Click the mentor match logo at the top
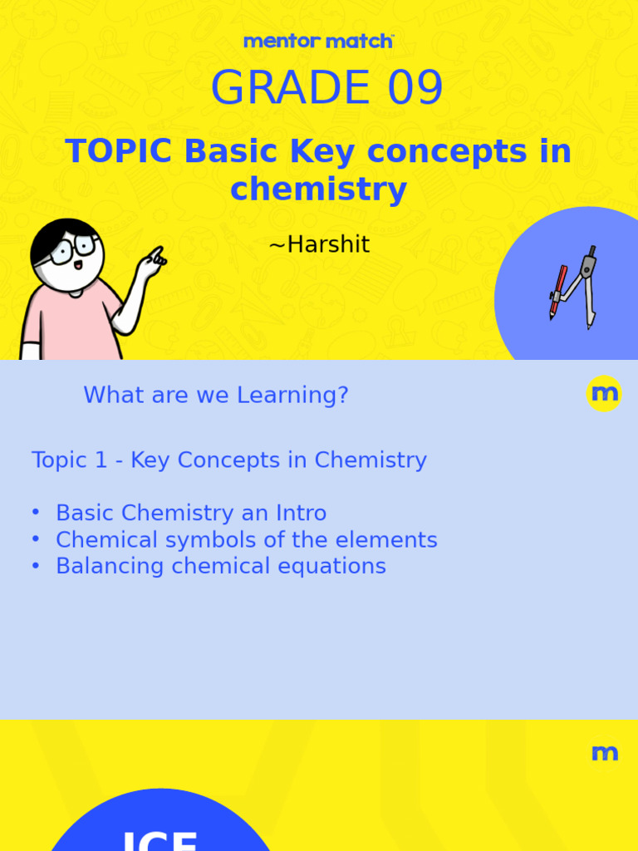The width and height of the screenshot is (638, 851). click(x=318, y=41)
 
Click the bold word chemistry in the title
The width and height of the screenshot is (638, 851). click(x=318, y=189)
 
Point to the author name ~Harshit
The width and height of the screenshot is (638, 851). click(x=319, y=245)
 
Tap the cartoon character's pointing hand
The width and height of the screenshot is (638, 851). click(x=152, y=263)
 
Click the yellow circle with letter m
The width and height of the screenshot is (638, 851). click(x=603, y=393)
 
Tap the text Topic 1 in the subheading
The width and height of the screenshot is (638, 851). click(x=70, y=460)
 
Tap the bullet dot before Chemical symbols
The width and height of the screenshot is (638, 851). click(x=36, y=539)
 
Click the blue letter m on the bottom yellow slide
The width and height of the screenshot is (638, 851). click(x=604, y=754)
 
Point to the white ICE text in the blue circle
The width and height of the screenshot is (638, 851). click(x=159, y=839)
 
